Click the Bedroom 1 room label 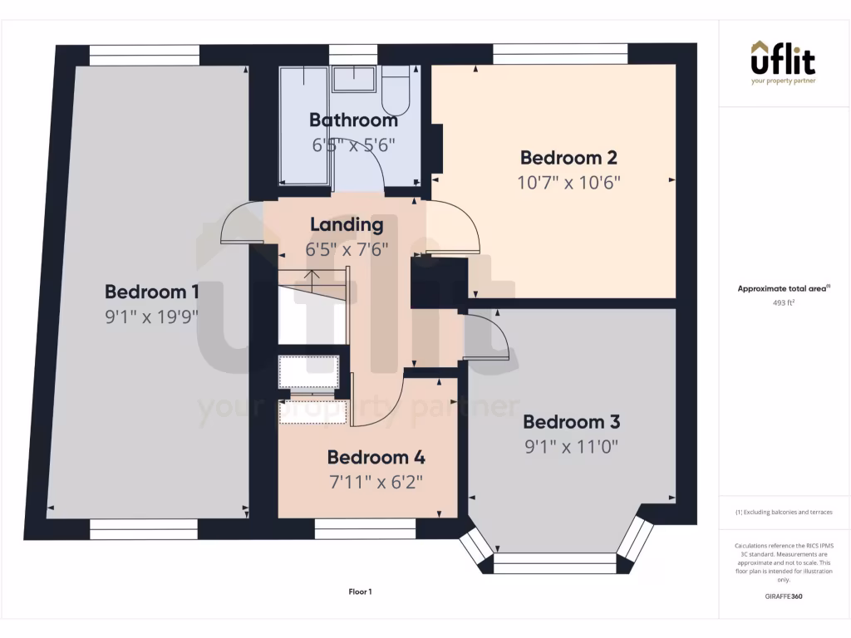click(151, 292)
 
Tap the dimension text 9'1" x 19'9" click(151, 316)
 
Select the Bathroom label click(353, 120)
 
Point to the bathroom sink click(355, 80)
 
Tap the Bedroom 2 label click(568, 157)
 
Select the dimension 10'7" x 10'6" click(568, 182)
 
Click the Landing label click(347, 224)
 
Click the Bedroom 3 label click(571, 422)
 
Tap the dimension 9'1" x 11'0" click(571, 447)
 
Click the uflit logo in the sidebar click(783, 61)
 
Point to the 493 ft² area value click(784, 303)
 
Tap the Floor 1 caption click(360, 591)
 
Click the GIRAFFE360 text click(783, 596)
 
